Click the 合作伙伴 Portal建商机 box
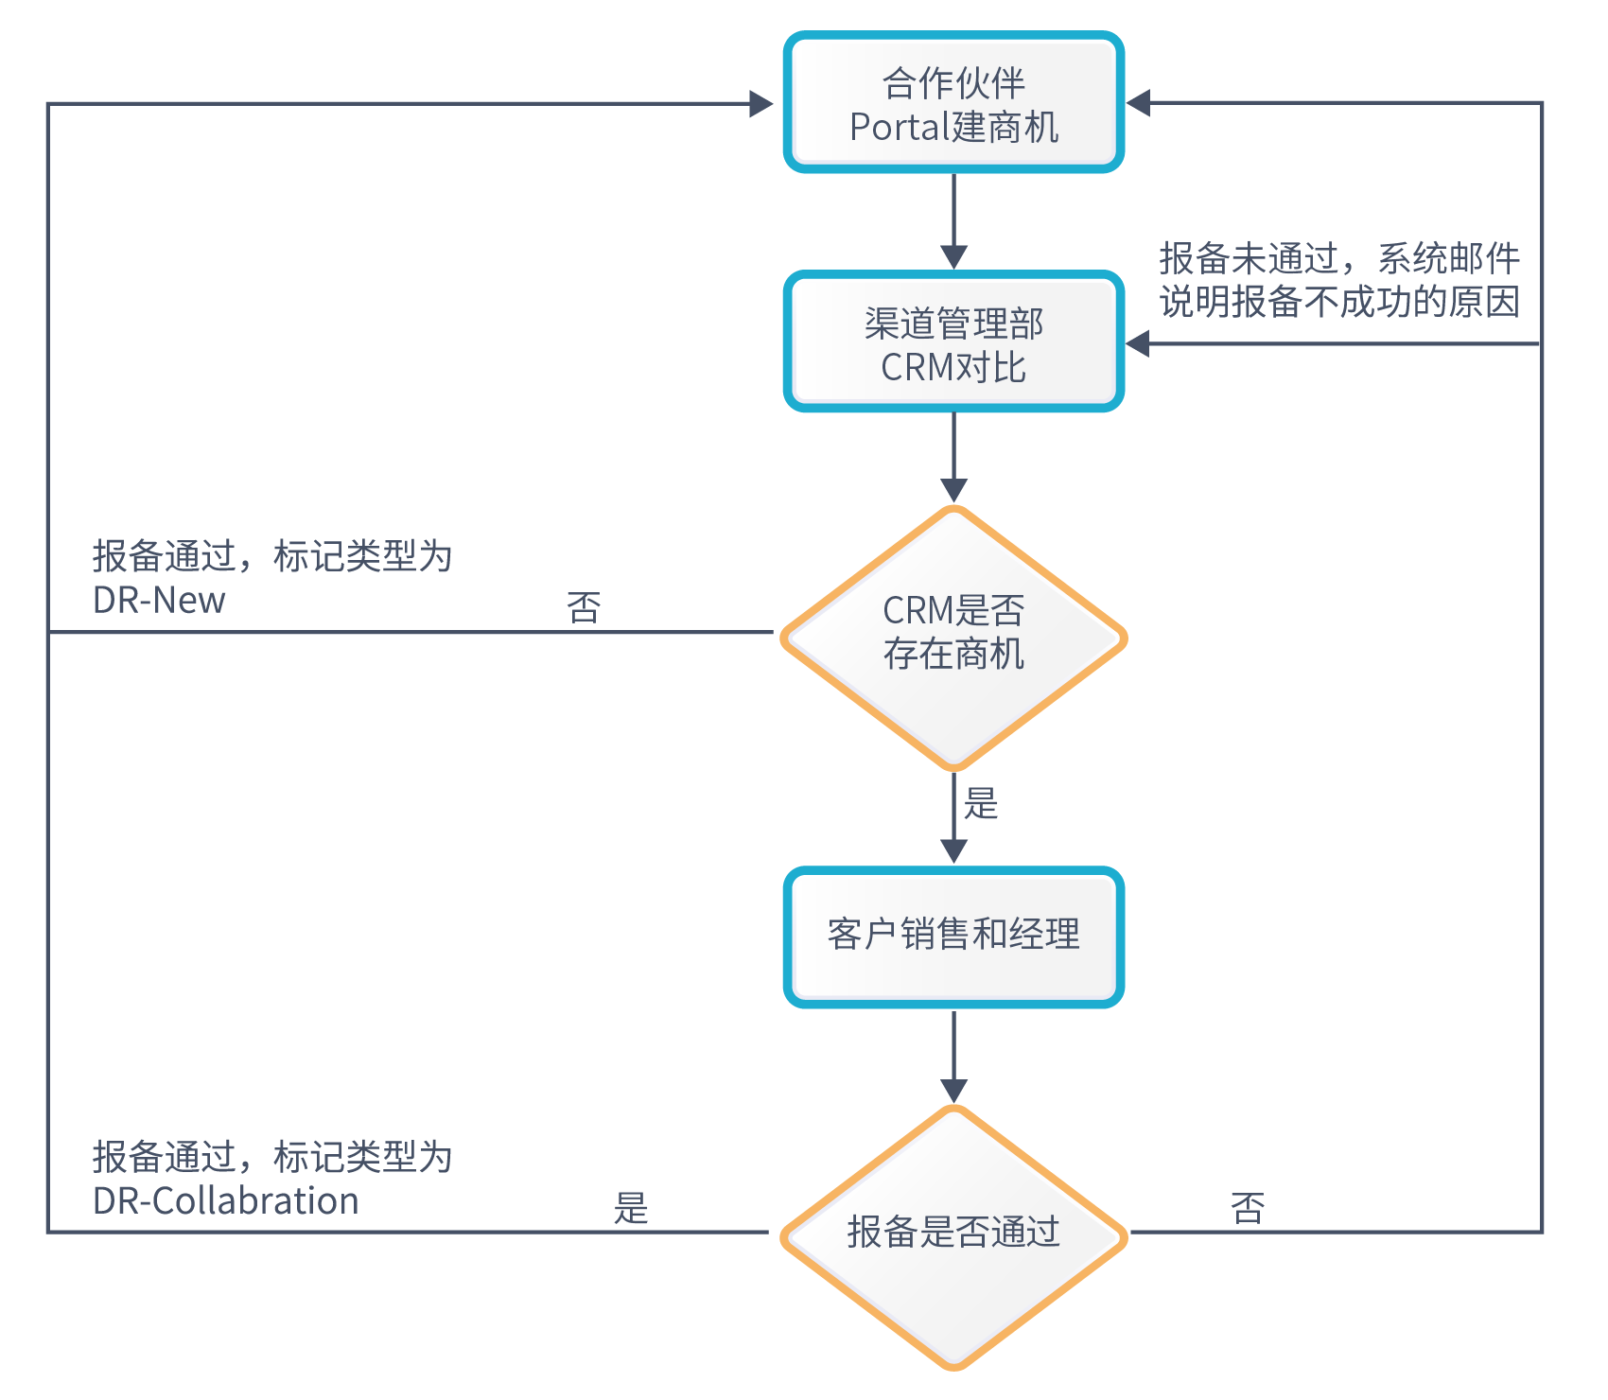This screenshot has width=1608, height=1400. pyautogui.click(x=953, y=102)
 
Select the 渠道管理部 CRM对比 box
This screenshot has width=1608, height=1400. pyautogui.click(x=953, y=342)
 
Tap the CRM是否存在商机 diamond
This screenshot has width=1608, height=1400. pyautogui.click(x=953, y=637)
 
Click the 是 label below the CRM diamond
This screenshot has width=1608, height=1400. pyautogui.click(x=981, y=804)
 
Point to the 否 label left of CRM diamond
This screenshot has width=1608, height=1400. pyautogui.click(x=584, y=607)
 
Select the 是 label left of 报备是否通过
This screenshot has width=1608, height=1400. pyautogui.click(x=631, y=1208)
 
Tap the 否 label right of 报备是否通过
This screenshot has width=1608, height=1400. pyautogui.click(x=1248, y=1208)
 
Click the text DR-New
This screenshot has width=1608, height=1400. pyautogui.click(x=159, y=601)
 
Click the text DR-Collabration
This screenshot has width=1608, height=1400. pyautogui.click(x=225, y=1201)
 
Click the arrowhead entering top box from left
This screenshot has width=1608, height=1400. pyautogui.click(x=761, y=103)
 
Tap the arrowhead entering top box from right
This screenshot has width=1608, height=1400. pyautogui.click(x=1138, y=102)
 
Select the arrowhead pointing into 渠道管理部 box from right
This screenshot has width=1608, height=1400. pyautogui.click(x=1138, y=343)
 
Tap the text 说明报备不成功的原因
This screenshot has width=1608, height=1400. pyautogui.click(x=1339, y=303)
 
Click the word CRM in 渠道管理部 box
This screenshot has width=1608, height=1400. pyautogui.click(x=912, y=368)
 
